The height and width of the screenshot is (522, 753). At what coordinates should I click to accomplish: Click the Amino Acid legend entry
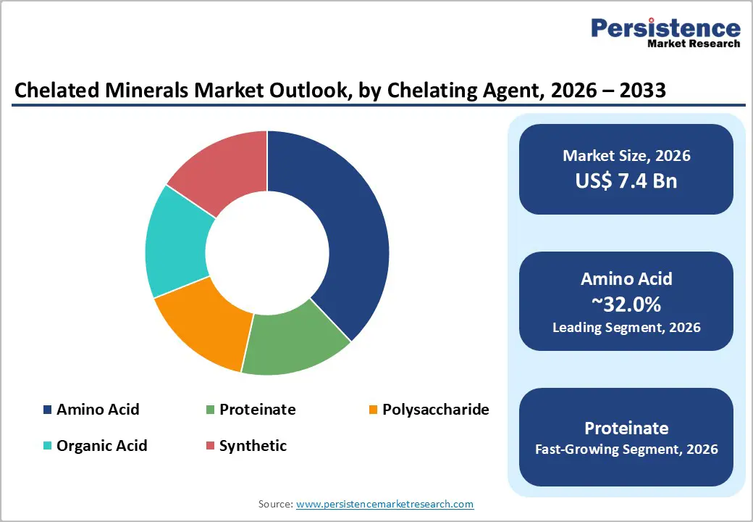pos(98,409)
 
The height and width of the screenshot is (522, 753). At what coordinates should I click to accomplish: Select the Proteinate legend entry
pos(257,409)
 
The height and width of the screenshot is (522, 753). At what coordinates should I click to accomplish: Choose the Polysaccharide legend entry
pos(435,409)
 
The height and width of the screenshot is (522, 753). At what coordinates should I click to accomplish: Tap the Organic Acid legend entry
pos(101,445)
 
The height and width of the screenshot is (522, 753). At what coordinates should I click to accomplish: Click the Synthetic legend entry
pos(253,445)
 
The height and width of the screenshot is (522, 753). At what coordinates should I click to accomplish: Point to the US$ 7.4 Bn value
pos(626,181)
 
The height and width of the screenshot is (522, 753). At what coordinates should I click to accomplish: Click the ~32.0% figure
pos(626,304)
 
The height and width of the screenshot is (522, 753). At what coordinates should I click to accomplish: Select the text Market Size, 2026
pos(626,156)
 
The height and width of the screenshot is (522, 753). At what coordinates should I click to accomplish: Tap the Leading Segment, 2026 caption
pos(626,327)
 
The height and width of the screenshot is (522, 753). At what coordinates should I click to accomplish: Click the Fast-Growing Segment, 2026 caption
pos(626,449)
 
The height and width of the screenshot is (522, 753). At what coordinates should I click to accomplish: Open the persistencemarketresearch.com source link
pos(384,503)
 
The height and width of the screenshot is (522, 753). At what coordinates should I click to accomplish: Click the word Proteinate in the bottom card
pos(626,427)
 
